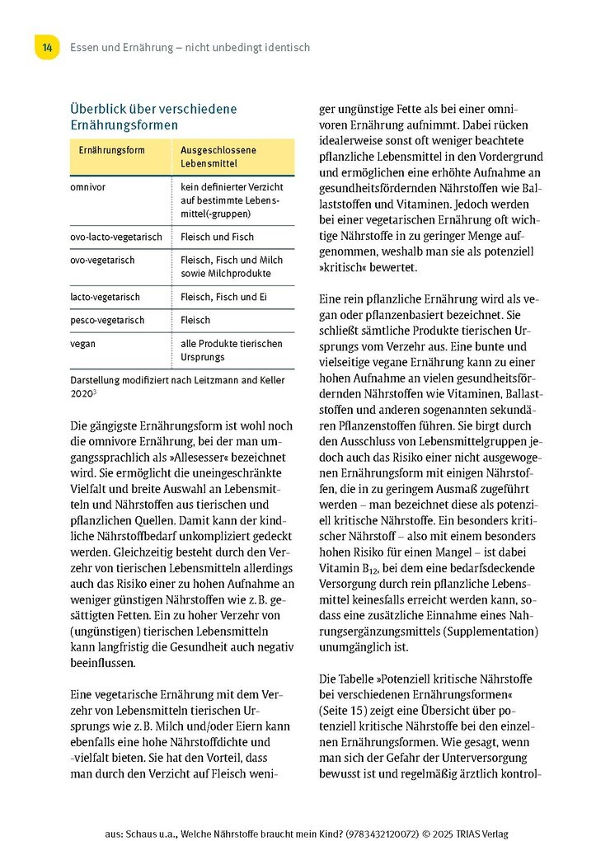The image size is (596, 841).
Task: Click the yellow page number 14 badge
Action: pos(47,47)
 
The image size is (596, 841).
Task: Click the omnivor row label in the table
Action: pos(88,187)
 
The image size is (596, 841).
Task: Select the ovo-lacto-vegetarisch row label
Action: pos(115,237)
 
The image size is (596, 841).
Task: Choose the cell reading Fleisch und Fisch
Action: pos(216,237)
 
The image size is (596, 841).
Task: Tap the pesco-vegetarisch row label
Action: pos(107,319)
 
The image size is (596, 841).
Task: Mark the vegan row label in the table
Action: pos(83,343)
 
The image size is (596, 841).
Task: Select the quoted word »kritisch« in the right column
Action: pos(343,267)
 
